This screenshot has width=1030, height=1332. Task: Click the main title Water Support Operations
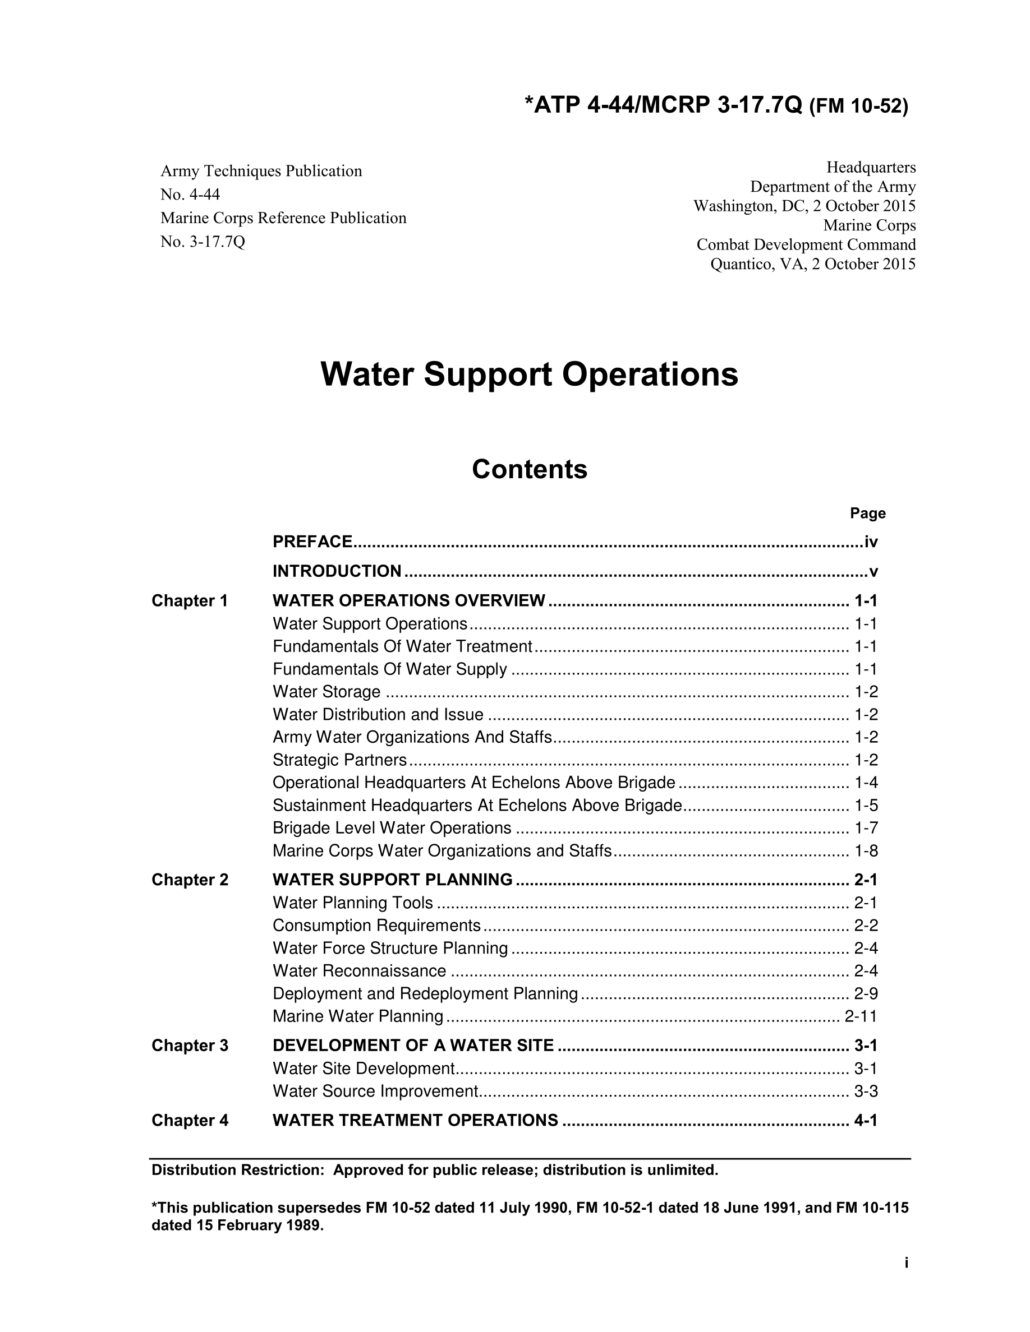point(529,374)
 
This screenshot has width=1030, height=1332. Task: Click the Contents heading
point(529,469)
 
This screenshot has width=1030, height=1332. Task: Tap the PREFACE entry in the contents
point(312,542)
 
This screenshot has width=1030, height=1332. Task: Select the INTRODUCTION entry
point(337,571)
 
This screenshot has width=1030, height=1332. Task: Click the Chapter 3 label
point(190,1046)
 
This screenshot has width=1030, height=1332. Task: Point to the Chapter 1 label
point(189,601)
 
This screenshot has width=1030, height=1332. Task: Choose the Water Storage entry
point(327,692)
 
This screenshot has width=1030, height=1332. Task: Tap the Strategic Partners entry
point(339,760)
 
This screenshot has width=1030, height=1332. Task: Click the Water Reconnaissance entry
point(360,970)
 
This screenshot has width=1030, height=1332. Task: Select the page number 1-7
point(866,827)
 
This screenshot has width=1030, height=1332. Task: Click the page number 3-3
point(866,1091)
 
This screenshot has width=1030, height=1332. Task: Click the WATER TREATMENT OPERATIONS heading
point(415,1120)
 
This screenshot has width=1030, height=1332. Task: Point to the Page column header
point(868,514)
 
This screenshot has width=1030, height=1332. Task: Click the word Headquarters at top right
point(871,167)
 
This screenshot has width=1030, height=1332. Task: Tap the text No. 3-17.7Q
point(203,242)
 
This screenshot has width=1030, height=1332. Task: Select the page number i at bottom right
point(906,1262)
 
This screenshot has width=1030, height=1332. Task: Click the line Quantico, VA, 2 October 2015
point(813,264)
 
